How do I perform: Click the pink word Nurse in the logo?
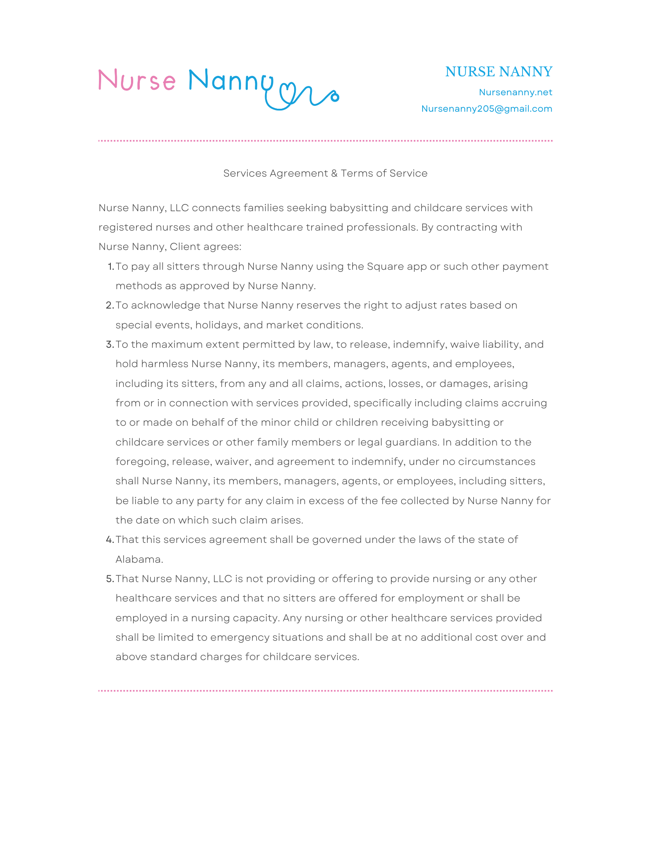click(x=137, y=80)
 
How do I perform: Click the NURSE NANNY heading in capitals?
click(x=498, y=72)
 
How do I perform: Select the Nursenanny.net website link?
click(x=515, y=92)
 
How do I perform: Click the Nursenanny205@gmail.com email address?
click(x=487, y=109)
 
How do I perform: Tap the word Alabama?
click(x=139, y=559)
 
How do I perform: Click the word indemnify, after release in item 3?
click(x=419, y=344)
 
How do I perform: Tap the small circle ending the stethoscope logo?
click(x=335, y=97)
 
